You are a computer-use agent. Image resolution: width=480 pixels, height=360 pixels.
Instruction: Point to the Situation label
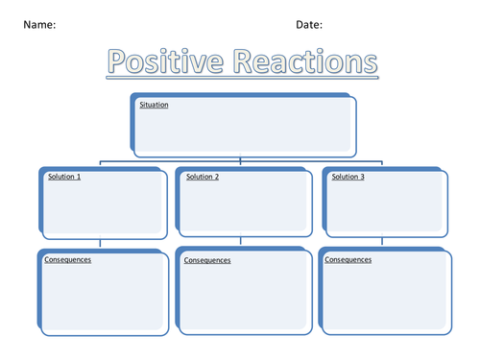point(154,104)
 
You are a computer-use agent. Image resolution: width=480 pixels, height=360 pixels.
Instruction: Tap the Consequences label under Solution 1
point(67,259)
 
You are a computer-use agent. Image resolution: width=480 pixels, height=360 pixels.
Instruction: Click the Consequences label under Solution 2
point(206,260)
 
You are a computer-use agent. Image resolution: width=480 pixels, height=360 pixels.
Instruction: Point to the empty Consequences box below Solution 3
point(384,298)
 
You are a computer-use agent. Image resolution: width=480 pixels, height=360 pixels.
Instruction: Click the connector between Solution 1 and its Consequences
point(101,243)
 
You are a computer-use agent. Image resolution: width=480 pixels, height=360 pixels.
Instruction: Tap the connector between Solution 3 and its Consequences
point(382,243)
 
